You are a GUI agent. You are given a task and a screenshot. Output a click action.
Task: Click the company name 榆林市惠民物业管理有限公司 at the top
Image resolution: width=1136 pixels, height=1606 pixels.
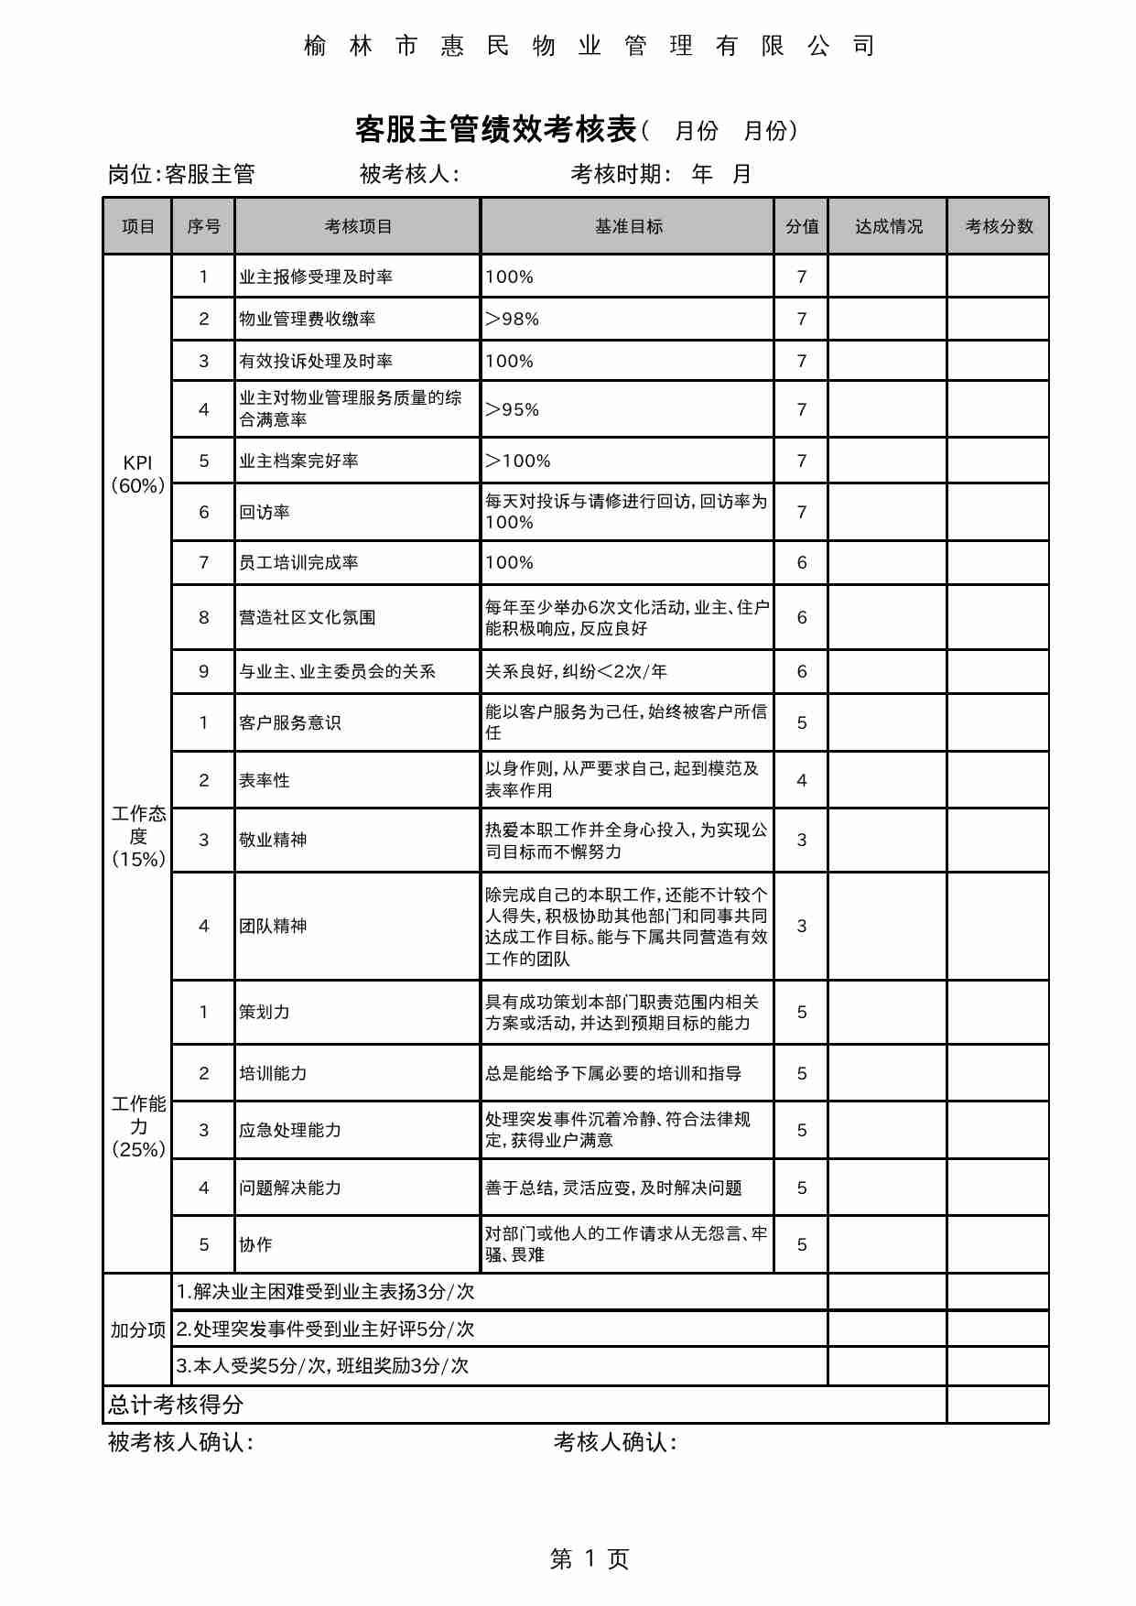589,46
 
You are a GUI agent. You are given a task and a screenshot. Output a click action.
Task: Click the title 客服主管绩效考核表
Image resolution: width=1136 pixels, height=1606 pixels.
495,130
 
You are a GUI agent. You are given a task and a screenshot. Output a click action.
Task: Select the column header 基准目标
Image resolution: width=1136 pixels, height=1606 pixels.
628,226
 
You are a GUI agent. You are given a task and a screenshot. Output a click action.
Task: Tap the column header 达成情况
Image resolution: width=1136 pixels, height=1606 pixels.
888,226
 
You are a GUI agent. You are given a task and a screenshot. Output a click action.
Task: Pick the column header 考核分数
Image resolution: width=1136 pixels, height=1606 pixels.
999,226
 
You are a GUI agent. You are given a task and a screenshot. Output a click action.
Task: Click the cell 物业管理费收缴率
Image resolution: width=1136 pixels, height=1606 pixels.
308,319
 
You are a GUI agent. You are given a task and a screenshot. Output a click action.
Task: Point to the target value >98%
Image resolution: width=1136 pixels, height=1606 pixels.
513,319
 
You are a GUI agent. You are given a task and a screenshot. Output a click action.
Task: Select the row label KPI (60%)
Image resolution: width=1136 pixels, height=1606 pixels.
137,474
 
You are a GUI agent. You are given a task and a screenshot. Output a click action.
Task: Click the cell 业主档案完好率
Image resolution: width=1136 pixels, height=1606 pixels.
298,461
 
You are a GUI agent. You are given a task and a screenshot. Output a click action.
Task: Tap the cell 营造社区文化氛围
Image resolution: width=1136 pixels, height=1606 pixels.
308,617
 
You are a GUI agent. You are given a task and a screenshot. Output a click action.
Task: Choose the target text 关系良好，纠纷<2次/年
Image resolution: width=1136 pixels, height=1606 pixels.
576,671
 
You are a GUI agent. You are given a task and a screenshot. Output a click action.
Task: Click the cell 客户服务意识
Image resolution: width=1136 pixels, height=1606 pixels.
290,722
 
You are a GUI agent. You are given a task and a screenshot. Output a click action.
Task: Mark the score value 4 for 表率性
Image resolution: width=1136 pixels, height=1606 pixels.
802,780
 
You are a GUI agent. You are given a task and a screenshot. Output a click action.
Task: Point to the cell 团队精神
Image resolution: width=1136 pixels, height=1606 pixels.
273,926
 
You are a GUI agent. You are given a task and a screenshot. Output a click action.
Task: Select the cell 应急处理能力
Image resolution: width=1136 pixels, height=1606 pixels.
290,1130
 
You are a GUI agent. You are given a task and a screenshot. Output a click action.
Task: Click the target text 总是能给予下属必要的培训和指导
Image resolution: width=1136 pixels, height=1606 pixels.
613,1073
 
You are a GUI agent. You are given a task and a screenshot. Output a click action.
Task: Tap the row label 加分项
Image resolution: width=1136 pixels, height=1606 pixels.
137,1329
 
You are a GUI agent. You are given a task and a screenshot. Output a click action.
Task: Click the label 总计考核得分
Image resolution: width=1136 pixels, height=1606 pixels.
176,1405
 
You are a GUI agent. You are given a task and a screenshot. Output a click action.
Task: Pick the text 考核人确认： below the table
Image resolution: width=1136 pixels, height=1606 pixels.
615,1443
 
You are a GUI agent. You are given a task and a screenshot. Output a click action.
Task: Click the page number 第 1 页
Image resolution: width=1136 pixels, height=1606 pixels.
589,1559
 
